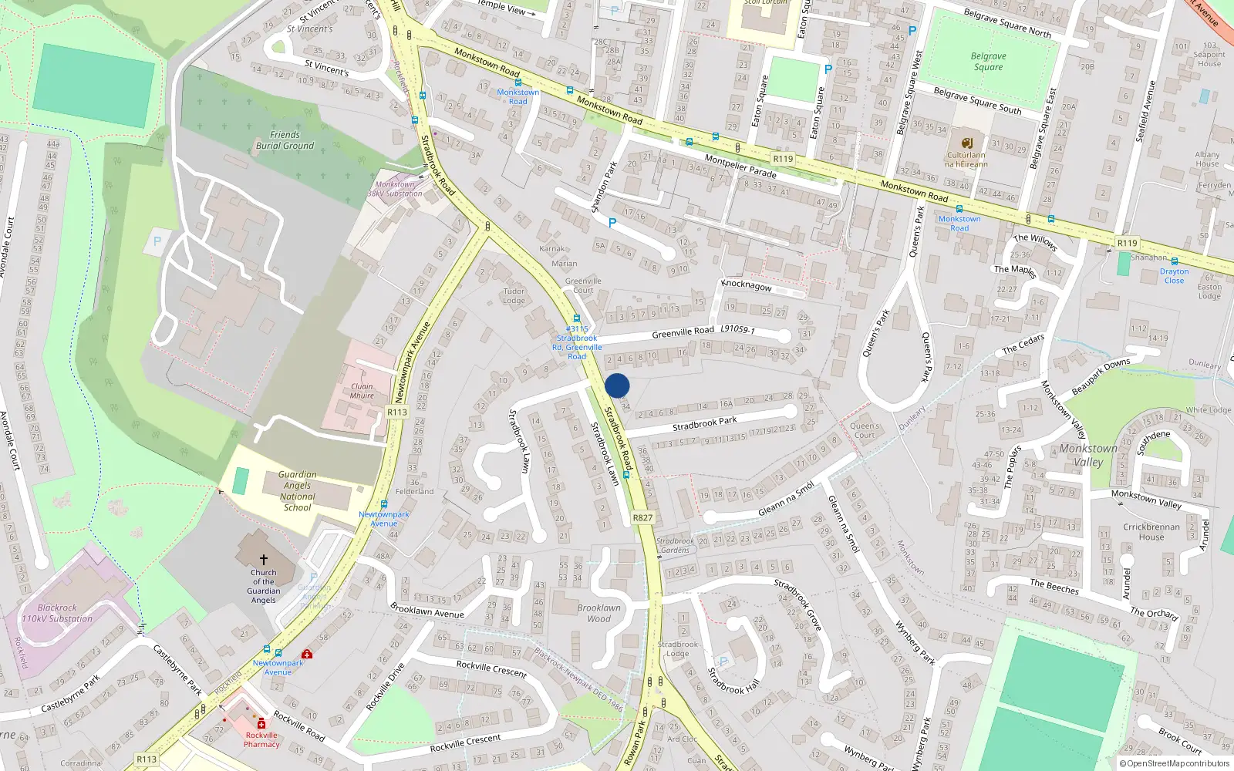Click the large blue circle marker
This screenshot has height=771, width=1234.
pos(617,385)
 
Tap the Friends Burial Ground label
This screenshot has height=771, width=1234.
pos(285,140)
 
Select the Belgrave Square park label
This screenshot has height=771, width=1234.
pos(988,62)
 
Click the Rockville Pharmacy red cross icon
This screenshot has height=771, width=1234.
pos(261,724)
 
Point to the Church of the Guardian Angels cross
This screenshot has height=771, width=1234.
pos(264,560)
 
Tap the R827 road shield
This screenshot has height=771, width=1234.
pos(642,518)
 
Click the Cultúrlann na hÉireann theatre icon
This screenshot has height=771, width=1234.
pos(967,143)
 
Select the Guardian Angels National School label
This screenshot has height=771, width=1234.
pos(297,491)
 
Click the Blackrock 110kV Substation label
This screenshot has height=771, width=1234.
pos(57,613)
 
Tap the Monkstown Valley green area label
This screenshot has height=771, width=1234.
pos(1088,455)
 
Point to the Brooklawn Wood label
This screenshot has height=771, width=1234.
pos(598,613)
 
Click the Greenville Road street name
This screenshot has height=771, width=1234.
pos(683,332)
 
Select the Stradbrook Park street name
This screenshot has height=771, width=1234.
pos(704,423)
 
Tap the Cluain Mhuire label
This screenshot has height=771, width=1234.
pos(362,391)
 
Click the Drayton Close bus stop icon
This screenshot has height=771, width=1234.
pos(1174,261)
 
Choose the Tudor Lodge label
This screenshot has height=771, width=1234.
pos(514,296)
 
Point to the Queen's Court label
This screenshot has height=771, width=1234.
pos(865,430)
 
